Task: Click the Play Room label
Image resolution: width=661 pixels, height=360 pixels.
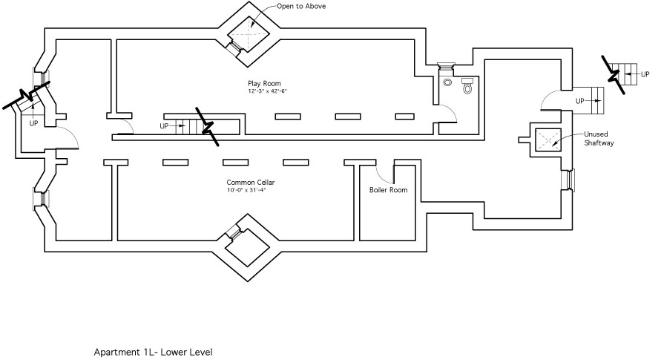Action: coord(264,83)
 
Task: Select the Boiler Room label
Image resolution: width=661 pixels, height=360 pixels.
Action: coord(388,190)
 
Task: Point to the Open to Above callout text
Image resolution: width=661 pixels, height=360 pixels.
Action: coord(301,6)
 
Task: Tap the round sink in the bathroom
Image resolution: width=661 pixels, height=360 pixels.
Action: coord(448,83)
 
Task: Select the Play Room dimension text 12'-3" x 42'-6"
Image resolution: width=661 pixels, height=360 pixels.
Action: coord(267,91)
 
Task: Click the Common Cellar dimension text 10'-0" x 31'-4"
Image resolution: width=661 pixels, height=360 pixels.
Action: coord(246,190)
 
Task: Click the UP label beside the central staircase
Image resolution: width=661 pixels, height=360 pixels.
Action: coord(164,126)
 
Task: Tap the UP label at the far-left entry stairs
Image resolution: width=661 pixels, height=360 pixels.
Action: coord(33,123)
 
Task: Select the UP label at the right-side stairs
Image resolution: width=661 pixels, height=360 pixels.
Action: coord(580,100)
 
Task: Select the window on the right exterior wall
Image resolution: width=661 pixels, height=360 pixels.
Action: coord(570,180)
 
